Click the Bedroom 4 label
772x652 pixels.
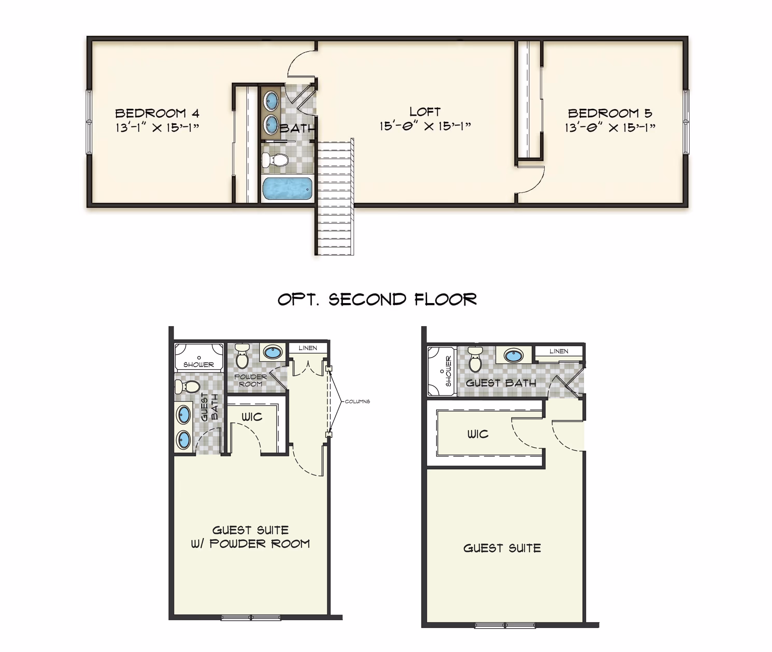click(157, 113)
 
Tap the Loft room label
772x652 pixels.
click(425, 112)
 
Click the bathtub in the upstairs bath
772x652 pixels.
click(287, 189)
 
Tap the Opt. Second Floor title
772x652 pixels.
click(377, 299)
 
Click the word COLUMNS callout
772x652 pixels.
click(357, 402)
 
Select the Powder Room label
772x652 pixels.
click(250, 380)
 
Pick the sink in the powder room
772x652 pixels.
click(273, 352)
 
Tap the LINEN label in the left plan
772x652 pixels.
click(308, 348)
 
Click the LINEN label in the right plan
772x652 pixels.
click(559, 351)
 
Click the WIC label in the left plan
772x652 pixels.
click(252, 417)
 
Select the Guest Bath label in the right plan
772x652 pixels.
click(501, 383)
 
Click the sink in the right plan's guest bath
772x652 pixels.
click(514, 356)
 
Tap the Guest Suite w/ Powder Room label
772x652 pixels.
click(250, 537)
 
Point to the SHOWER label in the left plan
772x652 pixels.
click(199, 364)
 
